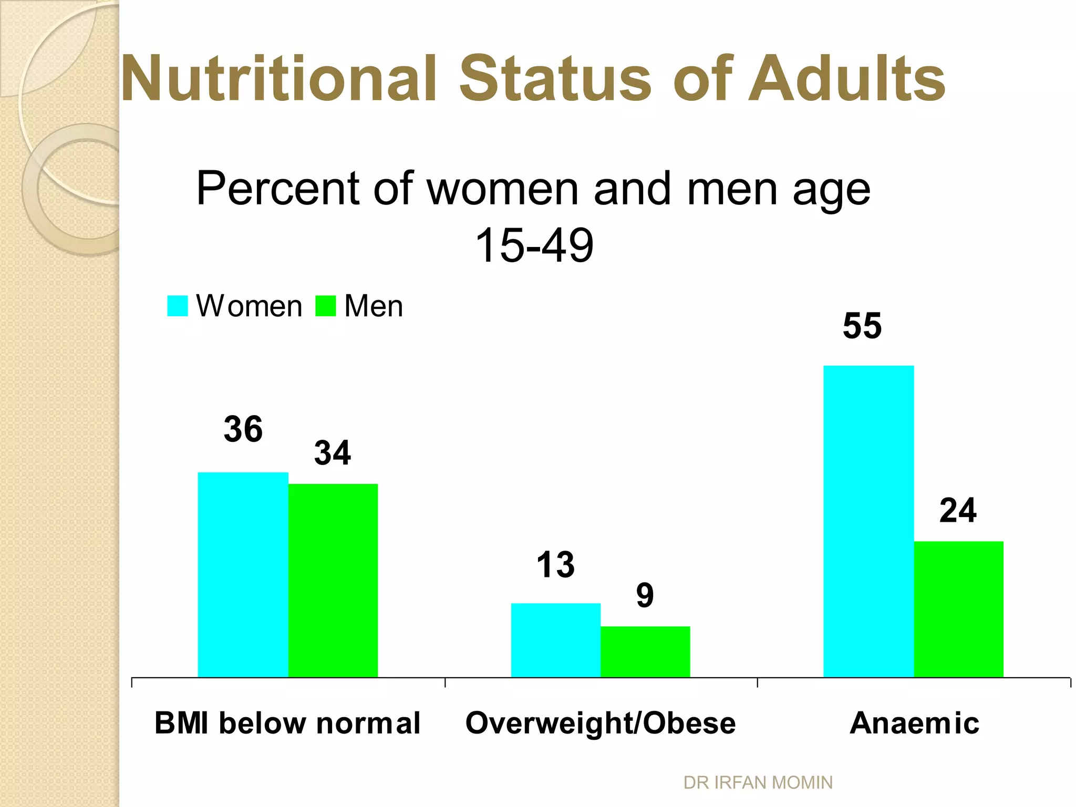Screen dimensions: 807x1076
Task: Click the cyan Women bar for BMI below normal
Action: click(x=243, y=575)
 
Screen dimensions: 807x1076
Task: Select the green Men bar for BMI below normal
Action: click(x=333, y=580)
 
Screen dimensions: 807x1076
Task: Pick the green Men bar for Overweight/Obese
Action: click(x=645, y=651)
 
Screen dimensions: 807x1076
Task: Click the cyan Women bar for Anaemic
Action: click(x=868, y=521)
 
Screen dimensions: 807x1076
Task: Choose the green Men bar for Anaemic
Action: click(x=959, y=609)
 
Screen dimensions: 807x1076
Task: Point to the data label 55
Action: click(x=862, y=326)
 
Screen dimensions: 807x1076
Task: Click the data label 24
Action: click(x=958, y=510)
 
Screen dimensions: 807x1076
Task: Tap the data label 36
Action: click(x=243, y=429)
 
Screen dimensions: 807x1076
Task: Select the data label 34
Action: click(x=332, y=453)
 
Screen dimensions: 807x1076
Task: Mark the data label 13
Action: click(x=555, y=565)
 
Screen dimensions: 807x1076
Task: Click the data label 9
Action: click(x=645, y=596)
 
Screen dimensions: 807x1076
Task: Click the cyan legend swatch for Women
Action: click(x=178, y=306)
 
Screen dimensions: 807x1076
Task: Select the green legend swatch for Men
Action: click(x=325, y=306)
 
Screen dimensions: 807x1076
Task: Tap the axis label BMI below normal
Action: click(x=287, y=723)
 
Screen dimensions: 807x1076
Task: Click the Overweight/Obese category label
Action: click(x=601, y=723)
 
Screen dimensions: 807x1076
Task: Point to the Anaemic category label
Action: click(x=914, y=723)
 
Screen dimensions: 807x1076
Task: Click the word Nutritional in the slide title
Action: click(x=279, y=79)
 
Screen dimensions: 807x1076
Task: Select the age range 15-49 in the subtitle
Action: click(x=534, y=245)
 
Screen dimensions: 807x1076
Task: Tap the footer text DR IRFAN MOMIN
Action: click(x=758, y=782)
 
